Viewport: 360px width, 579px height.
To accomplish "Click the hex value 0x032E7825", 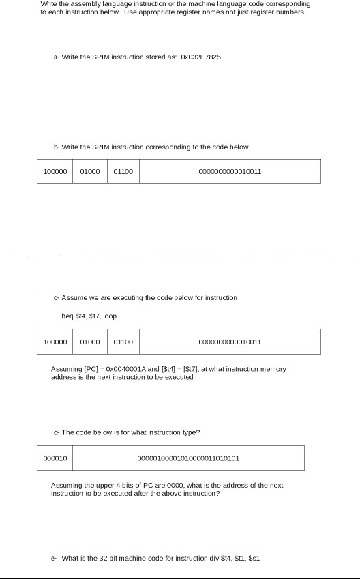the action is point(201,57).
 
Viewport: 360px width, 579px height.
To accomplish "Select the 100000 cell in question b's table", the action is point(55,171).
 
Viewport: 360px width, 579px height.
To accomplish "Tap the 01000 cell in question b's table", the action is point(90,171).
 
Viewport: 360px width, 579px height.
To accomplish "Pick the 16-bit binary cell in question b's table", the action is point(230,171).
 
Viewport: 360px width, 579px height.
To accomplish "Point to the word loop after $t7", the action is point(110,316).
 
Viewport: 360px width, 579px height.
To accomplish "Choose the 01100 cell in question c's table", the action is point(123,341).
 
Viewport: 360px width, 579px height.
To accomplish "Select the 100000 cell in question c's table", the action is point(55,341).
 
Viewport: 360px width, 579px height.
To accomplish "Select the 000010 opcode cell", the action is point(55,458).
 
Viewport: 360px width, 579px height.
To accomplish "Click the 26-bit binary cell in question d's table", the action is point(188,458).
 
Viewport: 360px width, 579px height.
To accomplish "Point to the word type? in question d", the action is point(190,432).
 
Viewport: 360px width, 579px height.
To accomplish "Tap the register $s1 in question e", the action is point(255,558).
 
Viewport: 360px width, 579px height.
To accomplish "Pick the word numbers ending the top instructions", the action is point(291,12).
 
